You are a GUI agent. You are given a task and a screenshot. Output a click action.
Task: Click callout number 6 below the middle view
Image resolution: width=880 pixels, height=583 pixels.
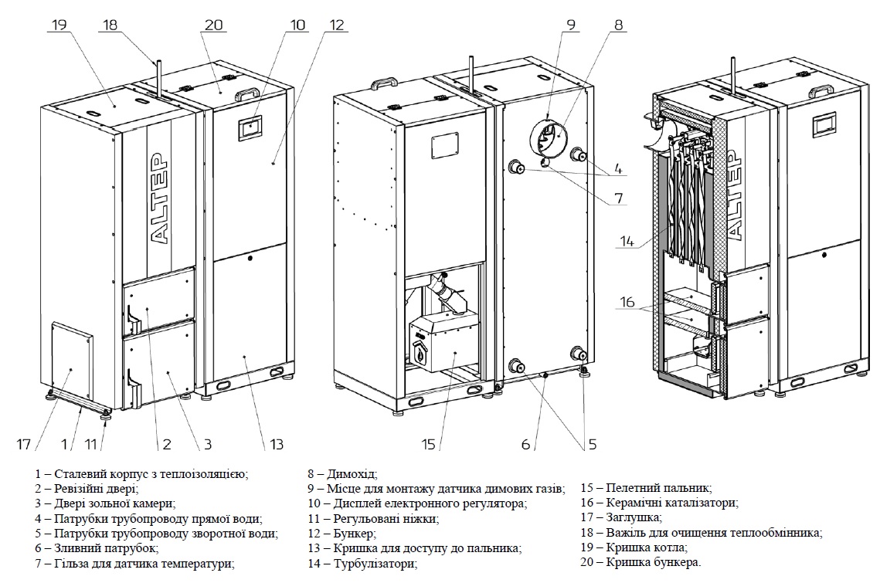click(x=525, y=444)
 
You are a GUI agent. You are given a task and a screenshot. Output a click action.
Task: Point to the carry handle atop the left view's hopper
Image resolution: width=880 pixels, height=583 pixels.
click(x=246, y=94)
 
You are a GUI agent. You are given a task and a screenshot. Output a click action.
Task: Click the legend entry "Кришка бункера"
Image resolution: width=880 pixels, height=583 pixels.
click(x=655, y=563)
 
